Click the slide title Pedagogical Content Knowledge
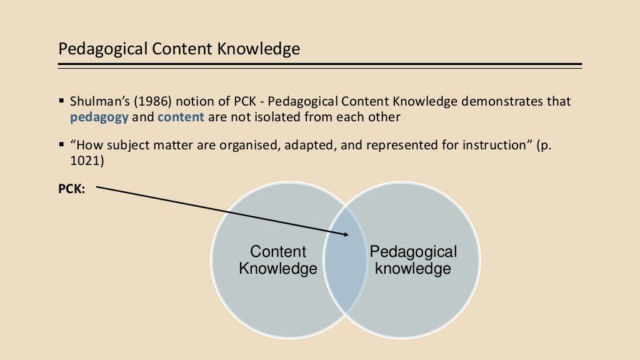coord(179,49)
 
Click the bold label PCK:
coord(72,188)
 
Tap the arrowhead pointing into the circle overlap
coord(346,234)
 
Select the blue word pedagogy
coord(99,117)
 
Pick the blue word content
coord(181,117)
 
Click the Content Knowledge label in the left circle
coord(278,261)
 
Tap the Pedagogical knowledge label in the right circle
coord(413,261)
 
